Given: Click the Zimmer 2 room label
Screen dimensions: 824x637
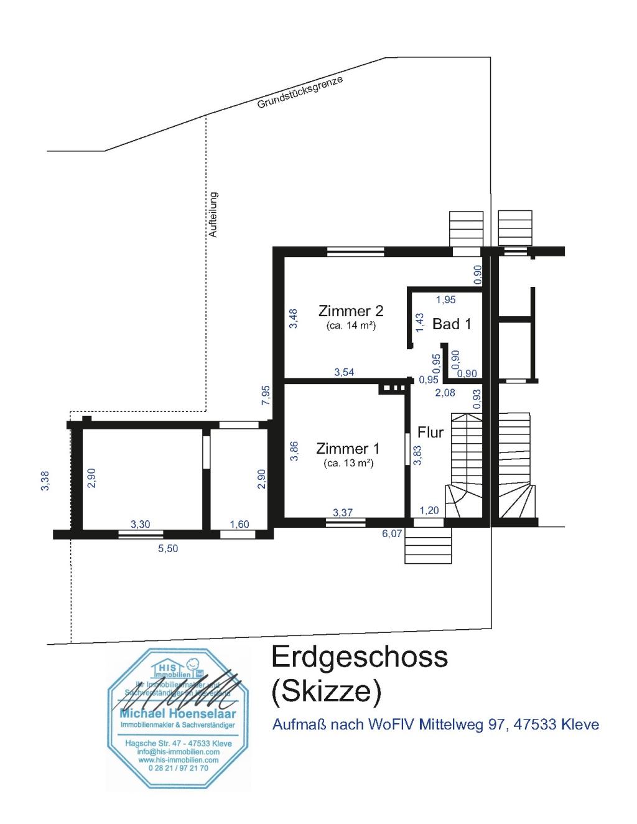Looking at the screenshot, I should click(x=351, y=311).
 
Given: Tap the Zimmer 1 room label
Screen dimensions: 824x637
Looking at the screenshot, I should click(x=348, y=448).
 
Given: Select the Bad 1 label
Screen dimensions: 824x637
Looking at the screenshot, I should click(x=452, y=324).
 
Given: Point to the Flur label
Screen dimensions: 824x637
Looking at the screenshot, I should click(x=430, y=432).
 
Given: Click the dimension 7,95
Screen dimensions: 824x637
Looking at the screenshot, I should click(x=266, y=396).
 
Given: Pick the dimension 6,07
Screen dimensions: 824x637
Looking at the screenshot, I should click(x=392, y=533).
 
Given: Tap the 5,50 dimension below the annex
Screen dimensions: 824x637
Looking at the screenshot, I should click(x=168, y=548).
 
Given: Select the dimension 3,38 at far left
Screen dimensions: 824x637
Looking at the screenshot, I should click(x=45, y=481).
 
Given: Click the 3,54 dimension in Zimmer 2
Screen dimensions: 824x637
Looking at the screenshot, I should click(x=344, y=372).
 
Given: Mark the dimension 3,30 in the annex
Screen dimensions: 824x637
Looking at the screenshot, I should click(x=140, y=524).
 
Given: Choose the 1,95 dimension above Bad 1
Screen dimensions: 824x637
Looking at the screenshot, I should click(x=445, y=299).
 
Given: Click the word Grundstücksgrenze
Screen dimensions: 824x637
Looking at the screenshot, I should click(x=300, y=93).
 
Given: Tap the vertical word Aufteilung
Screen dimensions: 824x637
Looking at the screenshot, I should click(x=213, y=214).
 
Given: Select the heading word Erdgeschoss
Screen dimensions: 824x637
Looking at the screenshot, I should click(x=360, y=657).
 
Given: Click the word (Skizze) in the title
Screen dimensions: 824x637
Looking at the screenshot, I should click(x=327, y=691).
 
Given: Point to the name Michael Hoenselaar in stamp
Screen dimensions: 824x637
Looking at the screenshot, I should click(x=178, y=713).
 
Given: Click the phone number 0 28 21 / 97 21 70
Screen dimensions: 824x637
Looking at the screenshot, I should click(x=179, y=769).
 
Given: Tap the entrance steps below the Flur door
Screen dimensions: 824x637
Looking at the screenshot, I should click(x=427, y=546).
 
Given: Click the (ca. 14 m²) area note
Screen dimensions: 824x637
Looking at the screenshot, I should click(x=351, y=325).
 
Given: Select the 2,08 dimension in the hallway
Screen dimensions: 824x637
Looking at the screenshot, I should click(x=445, y=393).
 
